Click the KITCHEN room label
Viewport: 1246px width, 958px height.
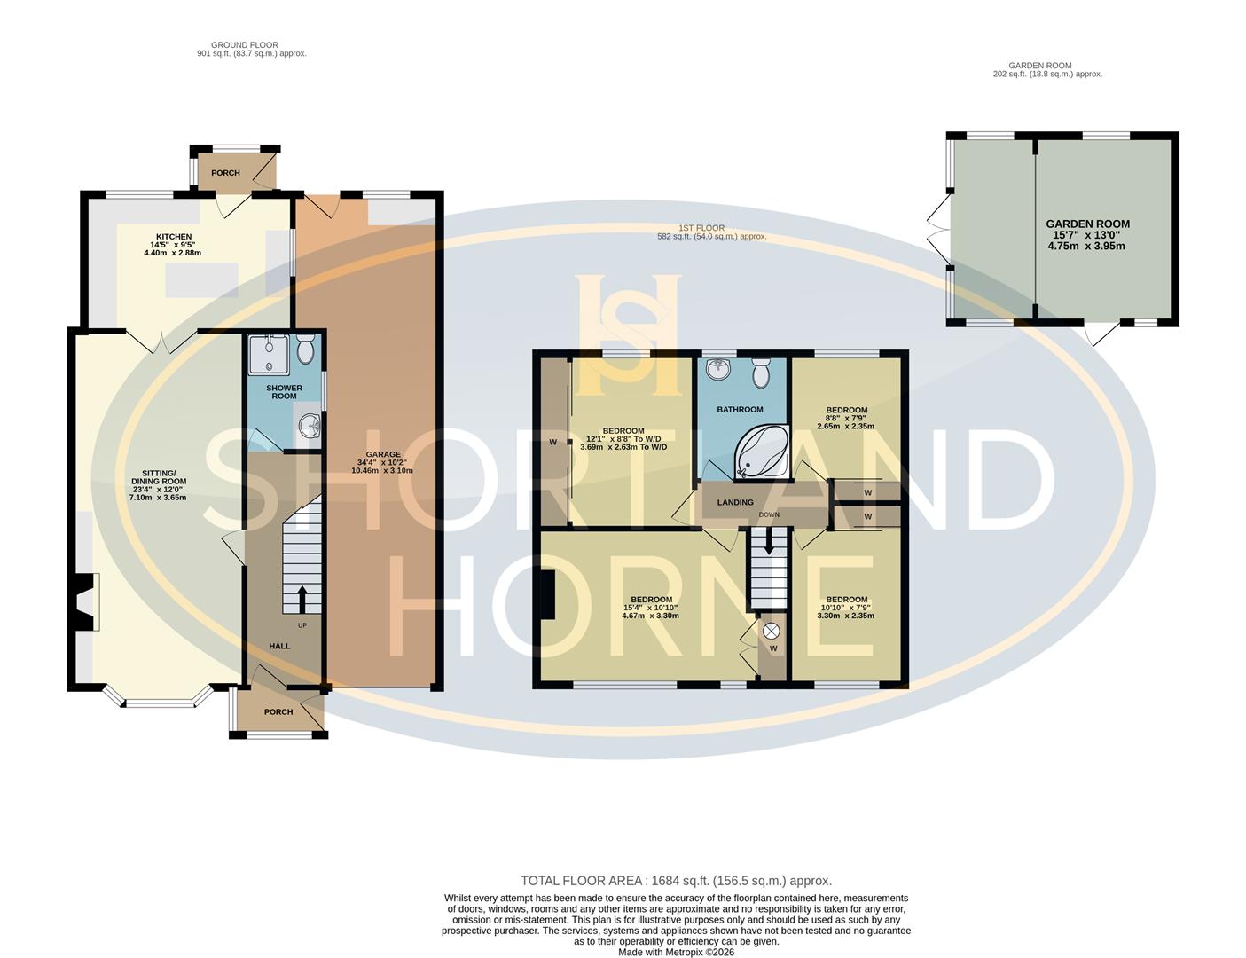173,237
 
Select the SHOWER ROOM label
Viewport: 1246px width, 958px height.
284,392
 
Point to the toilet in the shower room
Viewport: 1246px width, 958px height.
306,351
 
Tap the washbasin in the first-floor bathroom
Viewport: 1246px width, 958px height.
717,368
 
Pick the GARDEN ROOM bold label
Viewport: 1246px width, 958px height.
1087,224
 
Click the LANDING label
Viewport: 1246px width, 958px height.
735,503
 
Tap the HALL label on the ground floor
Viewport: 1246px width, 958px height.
279,646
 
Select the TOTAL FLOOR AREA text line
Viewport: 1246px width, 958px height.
676,881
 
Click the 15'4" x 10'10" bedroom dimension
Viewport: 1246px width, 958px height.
651,608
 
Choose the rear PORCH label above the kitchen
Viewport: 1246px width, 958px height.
225,173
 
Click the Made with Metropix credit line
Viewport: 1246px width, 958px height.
676,952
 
